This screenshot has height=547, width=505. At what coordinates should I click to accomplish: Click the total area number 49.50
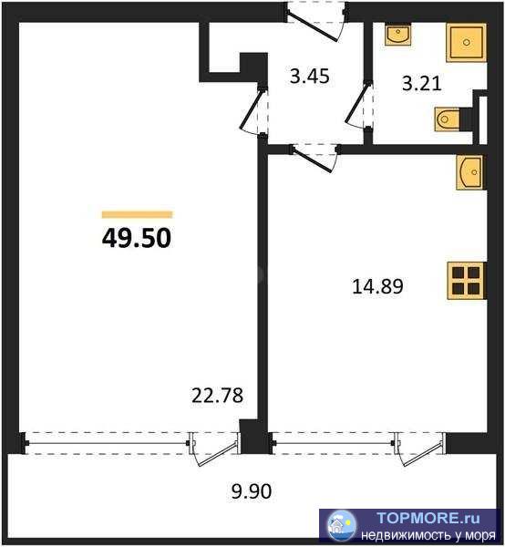137,238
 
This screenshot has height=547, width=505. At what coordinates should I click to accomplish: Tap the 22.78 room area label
217,396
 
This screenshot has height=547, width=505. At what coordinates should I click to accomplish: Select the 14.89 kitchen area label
377,286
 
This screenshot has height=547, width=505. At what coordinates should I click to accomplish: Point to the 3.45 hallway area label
309,76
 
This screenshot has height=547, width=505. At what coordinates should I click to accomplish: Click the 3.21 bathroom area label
422,84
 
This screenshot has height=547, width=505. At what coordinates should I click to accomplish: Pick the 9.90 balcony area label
252,491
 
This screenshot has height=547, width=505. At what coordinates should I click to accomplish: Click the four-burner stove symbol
467,281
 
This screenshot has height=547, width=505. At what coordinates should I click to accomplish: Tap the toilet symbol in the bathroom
448,119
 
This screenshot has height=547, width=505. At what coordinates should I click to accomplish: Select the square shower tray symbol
467,43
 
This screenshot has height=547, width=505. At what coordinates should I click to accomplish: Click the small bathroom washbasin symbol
398,35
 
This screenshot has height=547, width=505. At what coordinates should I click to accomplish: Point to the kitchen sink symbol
469,172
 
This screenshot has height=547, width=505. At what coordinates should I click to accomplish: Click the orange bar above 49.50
137,214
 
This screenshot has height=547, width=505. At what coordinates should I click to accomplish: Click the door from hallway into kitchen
314,158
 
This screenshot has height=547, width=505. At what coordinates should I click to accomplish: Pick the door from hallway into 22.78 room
252,110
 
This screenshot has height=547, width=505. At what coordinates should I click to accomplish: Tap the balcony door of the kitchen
420,449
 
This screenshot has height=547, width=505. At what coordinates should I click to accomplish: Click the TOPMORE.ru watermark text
428,518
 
